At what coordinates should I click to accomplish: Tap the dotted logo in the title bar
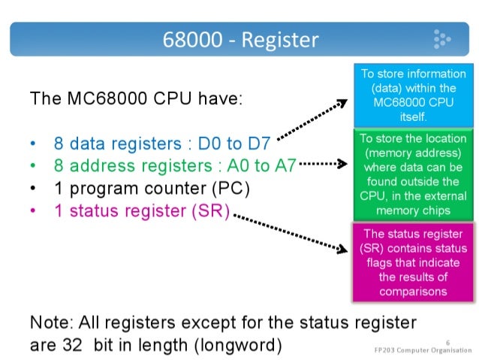[x=441, y=38]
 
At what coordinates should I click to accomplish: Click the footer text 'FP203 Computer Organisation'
[x=424, y=349]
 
